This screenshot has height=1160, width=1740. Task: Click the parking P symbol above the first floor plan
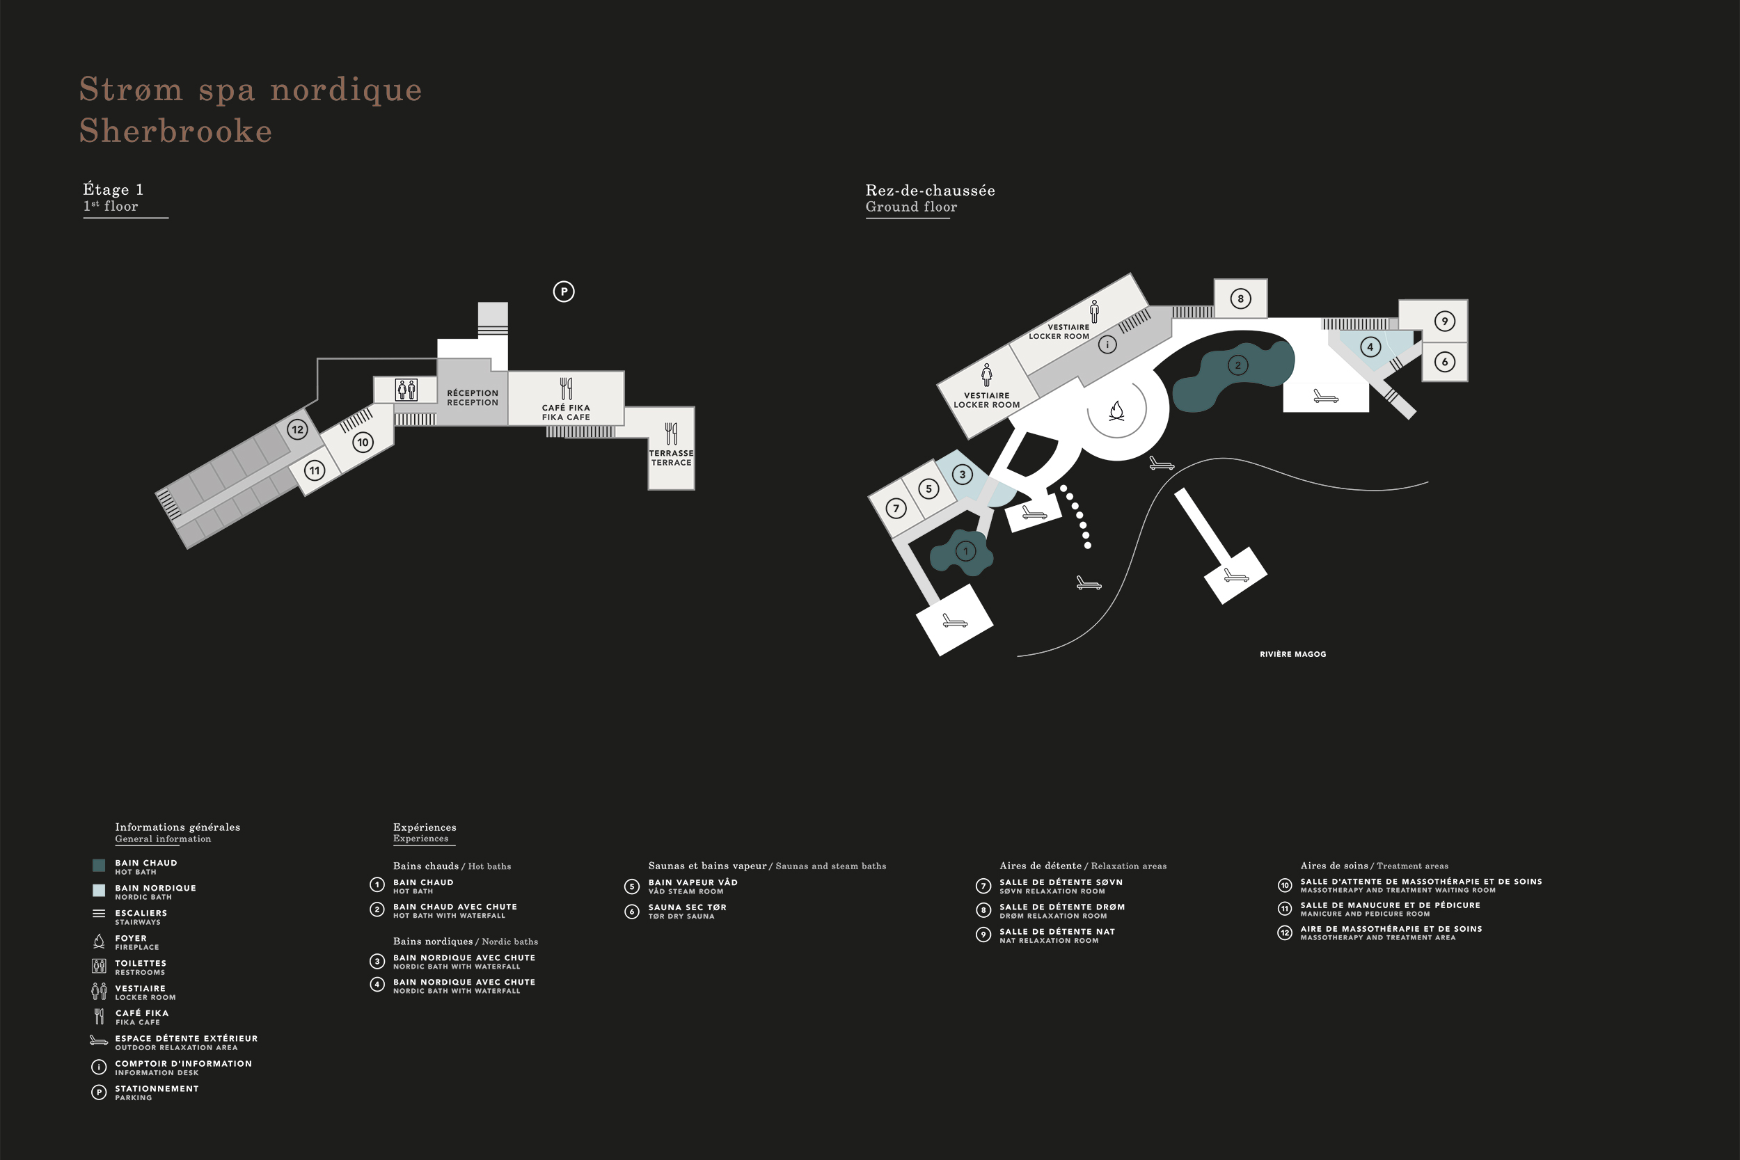[x=564, y=292]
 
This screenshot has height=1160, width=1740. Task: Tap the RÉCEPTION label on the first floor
[x=473, y=393]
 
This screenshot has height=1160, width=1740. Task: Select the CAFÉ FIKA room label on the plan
[x=566, y=408]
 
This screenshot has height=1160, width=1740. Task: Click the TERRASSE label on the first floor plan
[x=671, y=453]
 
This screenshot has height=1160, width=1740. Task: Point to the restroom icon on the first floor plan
[x=406, y=389]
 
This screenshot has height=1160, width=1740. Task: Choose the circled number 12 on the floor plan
[x=297, y=429]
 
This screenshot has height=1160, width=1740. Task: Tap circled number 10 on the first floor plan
[x=363, y=443]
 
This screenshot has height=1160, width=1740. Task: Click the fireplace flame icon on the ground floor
[x=1117, y=411]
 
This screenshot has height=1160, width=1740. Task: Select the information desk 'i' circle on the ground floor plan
[x=1107, y=344]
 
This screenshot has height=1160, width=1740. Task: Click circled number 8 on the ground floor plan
[x=1241, y=299]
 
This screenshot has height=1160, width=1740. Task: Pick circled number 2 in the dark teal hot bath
[x=1237, y=365]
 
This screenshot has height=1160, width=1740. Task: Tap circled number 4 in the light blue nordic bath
[x=1370, y=347]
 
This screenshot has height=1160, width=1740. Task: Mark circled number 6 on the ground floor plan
[x=1445, y=362]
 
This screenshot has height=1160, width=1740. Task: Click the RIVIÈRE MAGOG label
[x=1292, y=654]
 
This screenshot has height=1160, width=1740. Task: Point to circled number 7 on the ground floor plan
[x=896, y=508]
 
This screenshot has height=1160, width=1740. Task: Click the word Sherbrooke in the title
[x=176, y=131]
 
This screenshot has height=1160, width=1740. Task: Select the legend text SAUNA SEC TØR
[x=687, y=907]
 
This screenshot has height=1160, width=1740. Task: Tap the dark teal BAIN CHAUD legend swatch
[x=98, y=865]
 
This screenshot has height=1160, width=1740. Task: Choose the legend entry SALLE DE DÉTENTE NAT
[x=1057, y=931]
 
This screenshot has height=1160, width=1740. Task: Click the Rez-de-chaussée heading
[x=930, y=190]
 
